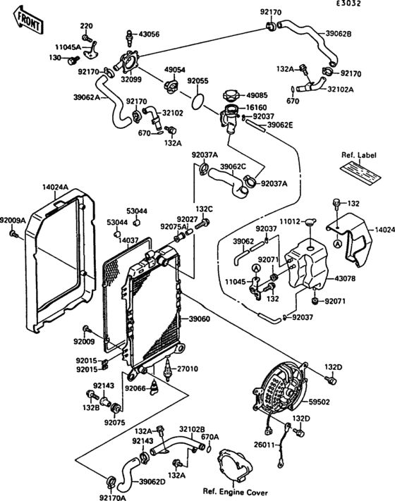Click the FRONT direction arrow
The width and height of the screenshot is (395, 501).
pos(27,22)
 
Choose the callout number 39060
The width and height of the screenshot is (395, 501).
pos(199,319)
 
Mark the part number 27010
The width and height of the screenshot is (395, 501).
pos(187,369)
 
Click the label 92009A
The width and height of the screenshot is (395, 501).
pos(13,220)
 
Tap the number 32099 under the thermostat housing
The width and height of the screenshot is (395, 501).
pos(130,80)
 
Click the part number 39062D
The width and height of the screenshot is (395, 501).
pos(152,481)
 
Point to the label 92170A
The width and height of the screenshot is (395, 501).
pos(113,496)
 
